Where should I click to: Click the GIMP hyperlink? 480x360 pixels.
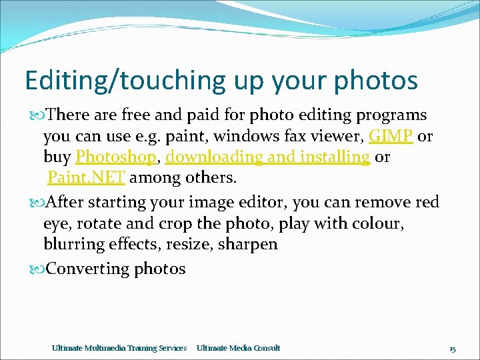[391, 136]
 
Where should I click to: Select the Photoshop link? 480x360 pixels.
[115, 157]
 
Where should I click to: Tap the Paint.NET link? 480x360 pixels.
[86, 179]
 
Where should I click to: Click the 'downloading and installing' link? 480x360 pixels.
[267, 157]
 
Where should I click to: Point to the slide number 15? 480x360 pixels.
[452, 348]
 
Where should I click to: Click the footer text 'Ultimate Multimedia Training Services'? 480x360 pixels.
[119, 348]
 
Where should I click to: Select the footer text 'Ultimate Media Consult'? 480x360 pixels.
[238, 348]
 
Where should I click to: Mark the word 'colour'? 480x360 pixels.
[373, 223]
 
